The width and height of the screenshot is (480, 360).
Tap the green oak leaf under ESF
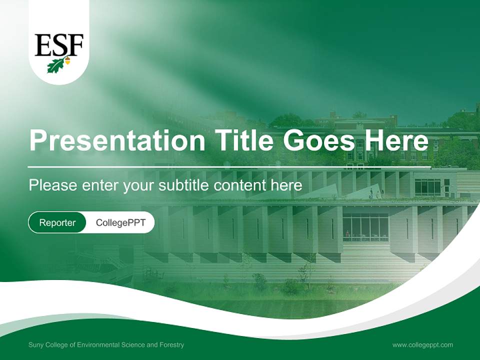tap(55, 65)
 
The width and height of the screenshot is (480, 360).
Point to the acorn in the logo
tap(67, 61)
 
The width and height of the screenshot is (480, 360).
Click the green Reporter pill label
tap(57, 222)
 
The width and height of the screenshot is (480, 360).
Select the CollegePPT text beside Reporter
tap(120, 222)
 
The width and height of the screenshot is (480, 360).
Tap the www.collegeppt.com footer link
tap(422, 344)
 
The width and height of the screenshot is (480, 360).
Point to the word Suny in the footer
tap(36, 345)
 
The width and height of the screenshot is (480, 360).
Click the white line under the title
tap(229, 167)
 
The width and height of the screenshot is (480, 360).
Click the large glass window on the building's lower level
tap(365, 228)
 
